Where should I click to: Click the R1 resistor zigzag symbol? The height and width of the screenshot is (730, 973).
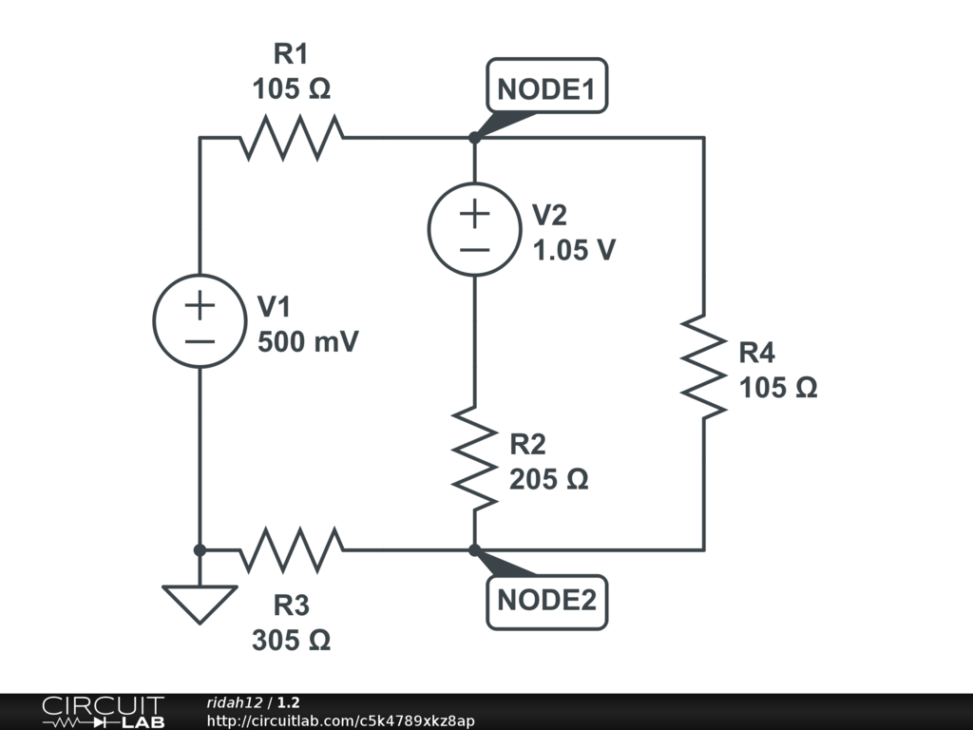pos(292,138)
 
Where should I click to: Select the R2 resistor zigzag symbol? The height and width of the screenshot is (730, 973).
pos(474,457)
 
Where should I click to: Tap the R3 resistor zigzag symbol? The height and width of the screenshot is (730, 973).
pos(292,549)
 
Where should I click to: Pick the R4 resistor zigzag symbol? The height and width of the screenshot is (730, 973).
pos(704,365)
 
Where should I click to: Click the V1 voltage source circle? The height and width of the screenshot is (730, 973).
pos(200,320)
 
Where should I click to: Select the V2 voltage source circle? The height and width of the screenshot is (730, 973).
pos(474,229)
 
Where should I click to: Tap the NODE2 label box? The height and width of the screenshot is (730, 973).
pos(546,601)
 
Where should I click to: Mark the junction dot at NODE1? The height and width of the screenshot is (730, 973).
pos(474,138)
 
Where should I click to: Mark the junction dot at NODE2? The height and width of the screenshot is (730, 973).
pos(474,549)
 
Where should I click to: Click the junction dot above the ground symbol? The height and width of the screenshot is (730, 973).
pos(200,549)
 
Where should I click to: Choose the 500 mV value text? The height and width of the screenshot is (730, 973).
pos(308,342)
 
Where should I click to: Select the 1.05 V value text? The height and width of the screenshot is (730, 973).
pos(573,251)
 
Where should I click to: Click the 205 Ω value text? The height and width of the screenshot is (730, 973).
pos(549,479)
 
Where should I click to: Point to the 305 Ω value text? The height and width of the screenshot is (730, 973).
pos(292,641)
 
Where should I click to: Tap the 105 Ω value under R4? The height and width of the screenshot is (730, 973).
pos(778,388)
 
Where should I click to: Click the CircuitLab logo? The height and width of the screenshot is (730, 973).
pos(103,712)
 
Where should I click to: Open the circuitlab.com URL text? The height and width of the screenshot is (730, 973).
pos(340,720)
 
